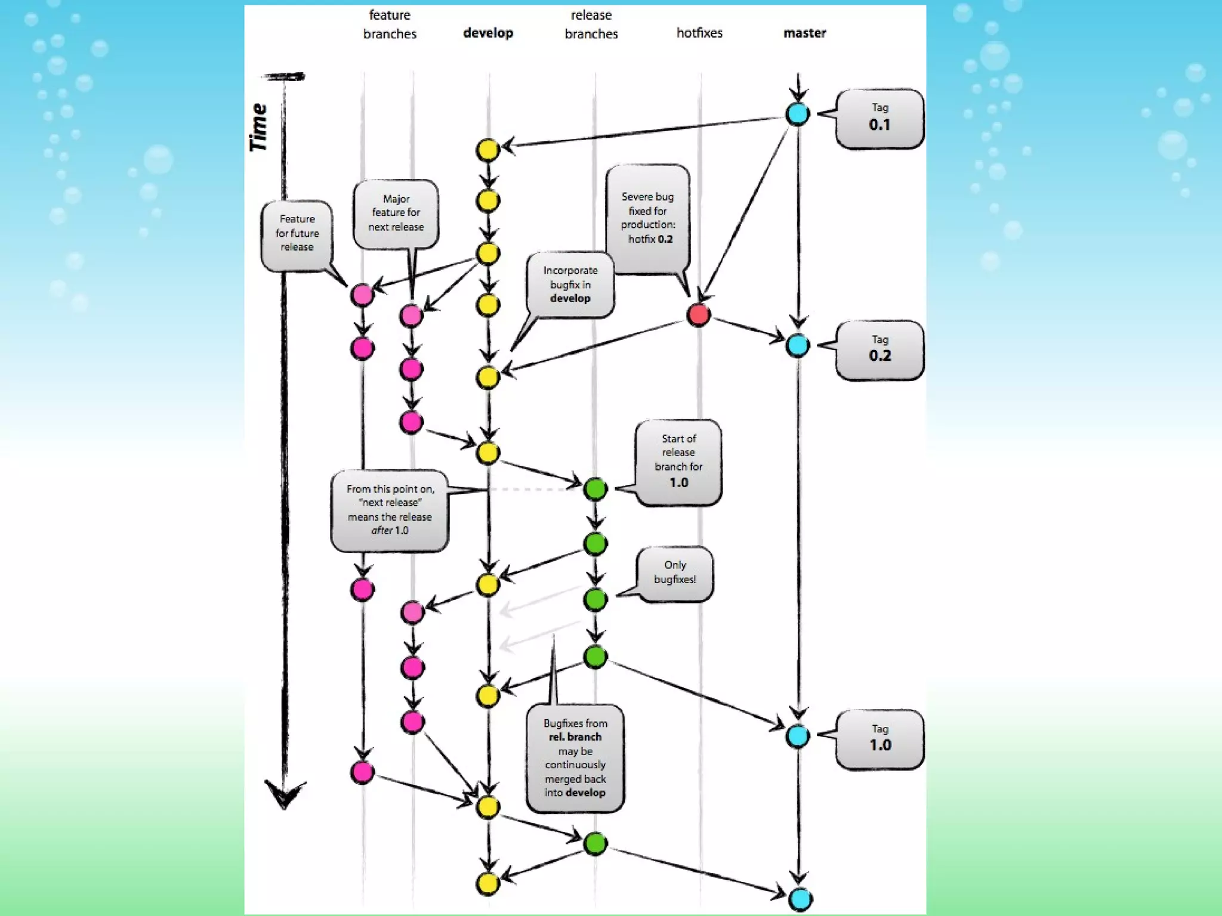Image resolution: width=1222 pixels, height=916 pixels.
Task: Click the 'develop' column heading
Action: coord(488,33)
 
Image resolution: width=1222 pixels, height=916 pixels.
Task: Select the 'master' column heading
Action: coord(804,33)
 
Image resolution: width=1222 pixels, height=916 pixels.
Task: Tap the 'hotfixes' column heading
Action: coord(699,33)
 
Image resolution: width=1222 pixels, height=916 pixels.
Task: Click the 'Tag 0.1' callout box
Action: coord(880,117)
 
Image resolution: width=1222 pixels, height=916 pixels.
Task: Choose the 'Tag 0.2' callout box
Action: coord(880,349)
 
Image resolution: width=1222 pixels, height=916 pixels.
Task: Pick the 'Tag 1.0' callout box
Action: coord(880,738)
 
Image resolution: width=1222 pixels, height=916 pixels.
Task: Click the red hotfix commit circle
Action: coord(698,314)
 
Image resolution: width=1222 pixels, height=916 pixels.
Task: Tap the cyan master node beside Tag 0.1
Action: coord(798,114)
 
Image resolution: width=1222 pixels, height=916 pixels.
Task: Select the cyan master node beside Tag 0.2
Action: coord(798,345)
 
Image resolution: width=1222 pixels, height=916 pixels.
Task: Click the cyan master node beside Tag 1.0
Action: coord(798,736)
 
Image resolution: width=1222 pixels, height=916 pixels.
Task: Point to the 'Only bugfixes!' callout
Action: coord(675,572)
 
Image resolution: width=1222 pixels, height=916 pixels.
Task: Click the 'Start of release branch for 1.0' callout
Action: coord(678,462)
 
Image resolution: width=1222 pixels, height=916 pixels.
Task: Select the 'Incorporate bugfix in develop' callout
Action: coord(570,284)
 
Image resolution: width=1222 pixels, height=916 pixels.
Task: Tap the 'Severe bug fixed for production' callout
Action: coord(647,218)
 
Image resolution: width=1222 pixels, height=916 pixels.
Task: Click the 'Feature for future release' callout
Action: coord(297,234)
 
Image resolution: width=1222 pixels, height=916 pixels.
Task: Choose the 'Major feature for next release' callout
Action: coord(396,213)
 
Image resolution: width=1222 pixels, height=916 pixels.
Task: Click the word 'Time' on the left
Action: coord(258,127)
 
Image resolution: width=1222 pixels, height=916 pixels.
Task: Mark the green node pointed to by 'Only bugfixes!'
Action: coord(595,599)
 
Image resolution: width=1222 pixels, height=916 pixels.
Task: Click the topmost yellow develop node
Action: coord(487,150)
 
